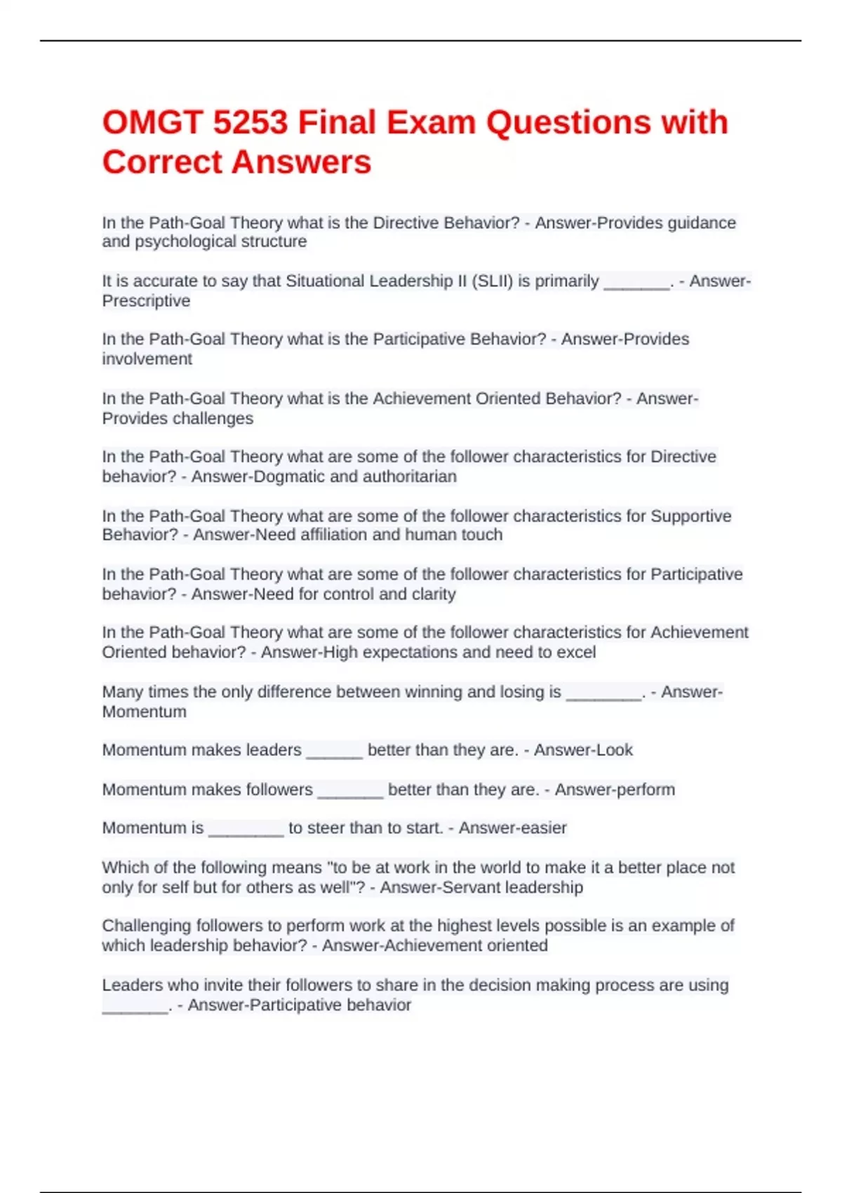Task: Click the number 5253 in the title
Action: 250,122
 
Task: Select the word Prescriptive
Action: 146,301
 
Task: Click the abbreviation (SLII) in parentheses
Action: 492,281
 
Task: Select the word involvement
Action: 147,359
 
